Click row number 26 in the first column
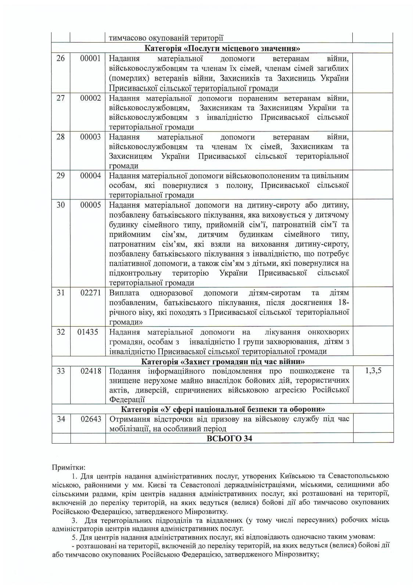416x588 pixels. (x=61, y=58)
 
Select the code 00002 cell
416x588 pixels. (x=90, y=98)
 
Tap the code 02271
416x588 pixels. (x=90, y=293)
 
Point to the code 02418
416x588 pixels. (x=90, y=371)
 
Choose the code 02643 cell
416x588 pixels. (x=90, y=419)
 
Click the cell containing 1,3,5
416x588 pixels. (x=373, y=370)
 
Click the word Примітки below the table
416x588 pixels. (x=69, y=468)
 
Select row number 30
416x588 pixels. (x=61, y=205)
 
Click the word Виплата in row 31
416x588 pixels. (x=124, y=293)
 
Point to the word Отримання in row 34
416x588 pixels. (x=127, y=419)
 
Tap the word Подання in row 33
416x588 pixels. (x=125, y=371)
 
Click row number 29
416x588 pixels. (x=61, y=176)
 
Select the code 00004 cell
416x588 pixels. (x=90, y=176)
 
